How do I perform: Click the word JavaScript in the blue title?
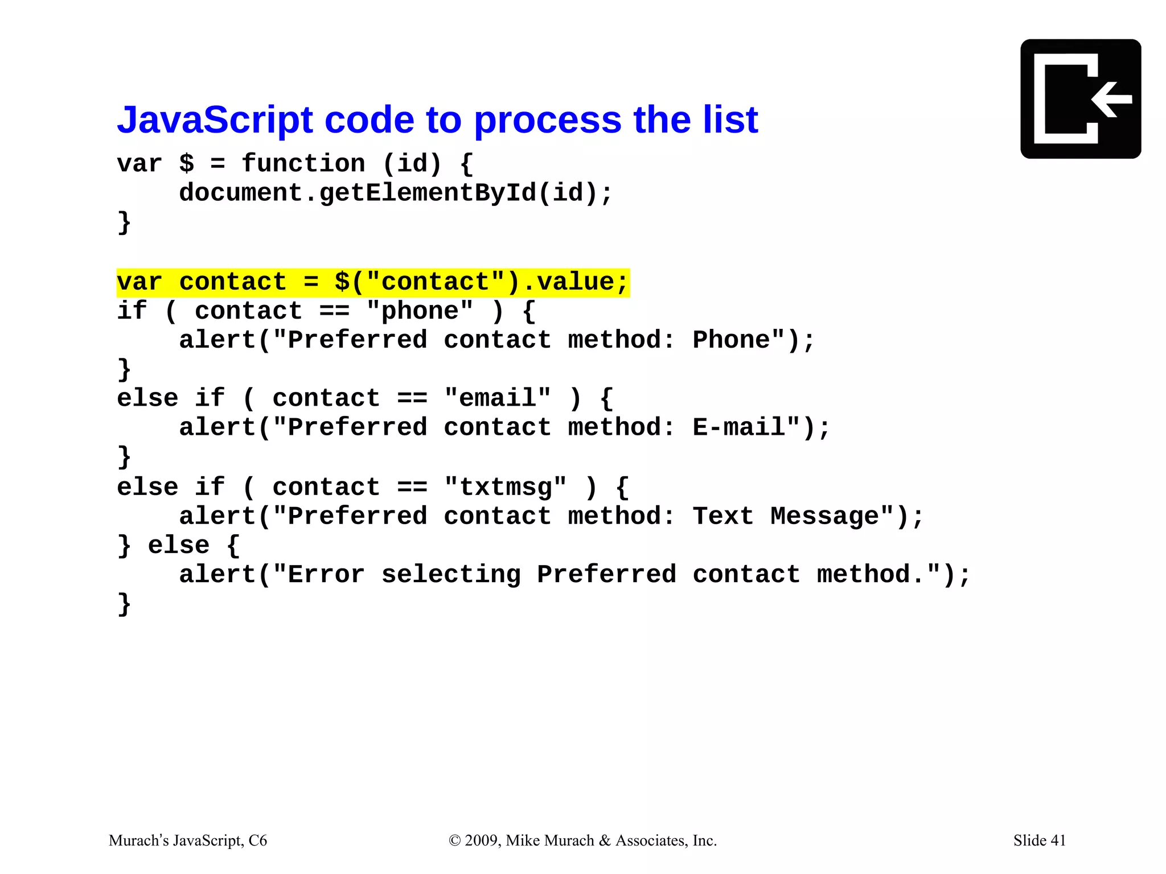click(215, 120)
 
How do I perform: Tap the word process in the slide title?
click(547, 121)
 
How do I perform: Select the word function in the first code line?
click(303, 164)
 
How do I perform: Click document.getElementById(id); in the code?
click(396, 193)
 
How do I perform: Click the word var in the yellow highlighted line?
click(139, 282)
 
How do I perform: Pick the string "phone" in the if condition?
click(420, 311)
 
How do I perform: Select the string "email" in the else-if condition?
click(498, 398)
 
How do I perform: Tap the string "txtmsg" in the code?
click(506, 488)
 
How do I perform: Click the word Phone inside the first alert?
click(731, 340)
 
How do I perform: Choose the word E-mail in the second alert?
click(738, 427)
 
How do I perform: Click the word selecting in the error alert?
click(451, 575)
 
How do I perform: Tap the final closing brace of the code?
click(124, 604)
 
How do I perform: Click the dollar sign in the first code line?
click(186, 164)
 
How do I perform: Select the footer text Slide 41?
click(1039, 840)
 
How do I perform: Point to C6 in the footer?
click(257, 840)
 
